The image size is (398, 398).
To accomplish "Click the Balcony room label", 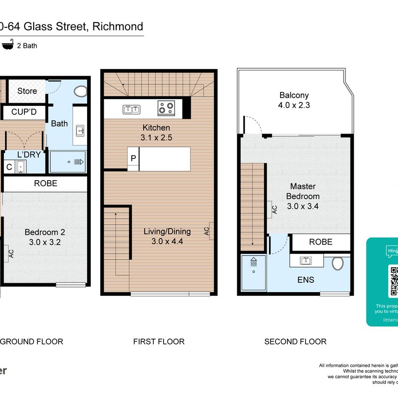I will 294,96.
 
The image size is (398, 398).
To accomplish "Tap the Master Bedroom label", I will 303,191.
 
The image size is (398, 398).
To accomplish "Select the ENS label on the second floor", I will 306,280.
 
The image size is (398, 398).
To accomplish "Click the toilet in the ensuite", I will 338,263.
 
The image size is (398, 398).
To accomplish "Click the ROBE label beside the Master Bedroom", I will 321,242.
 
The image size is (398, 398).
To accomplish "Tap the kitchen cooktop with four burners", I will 166,108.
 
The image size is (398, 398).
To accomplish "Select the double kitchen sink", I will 131,109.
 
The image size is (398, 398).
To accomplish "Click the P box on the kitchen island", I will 133,158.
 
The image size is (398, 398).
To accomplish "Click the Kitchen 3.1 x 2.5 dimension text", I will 157,137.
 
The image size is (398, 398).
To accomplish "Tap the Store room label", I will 27,91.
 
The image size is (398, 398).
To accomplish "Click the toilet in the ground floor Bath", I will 80,91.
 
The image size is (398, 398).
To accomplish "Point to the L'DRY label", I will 29,155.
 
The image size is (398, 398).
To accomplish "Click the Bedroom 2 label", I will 41,233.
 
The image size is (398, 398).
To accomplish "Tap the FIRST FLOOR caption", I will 158,341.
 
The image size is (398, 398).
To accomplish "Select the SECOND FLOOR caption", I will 295,341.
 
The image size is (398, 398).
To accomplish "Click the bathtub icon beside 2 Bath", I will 7,45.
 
